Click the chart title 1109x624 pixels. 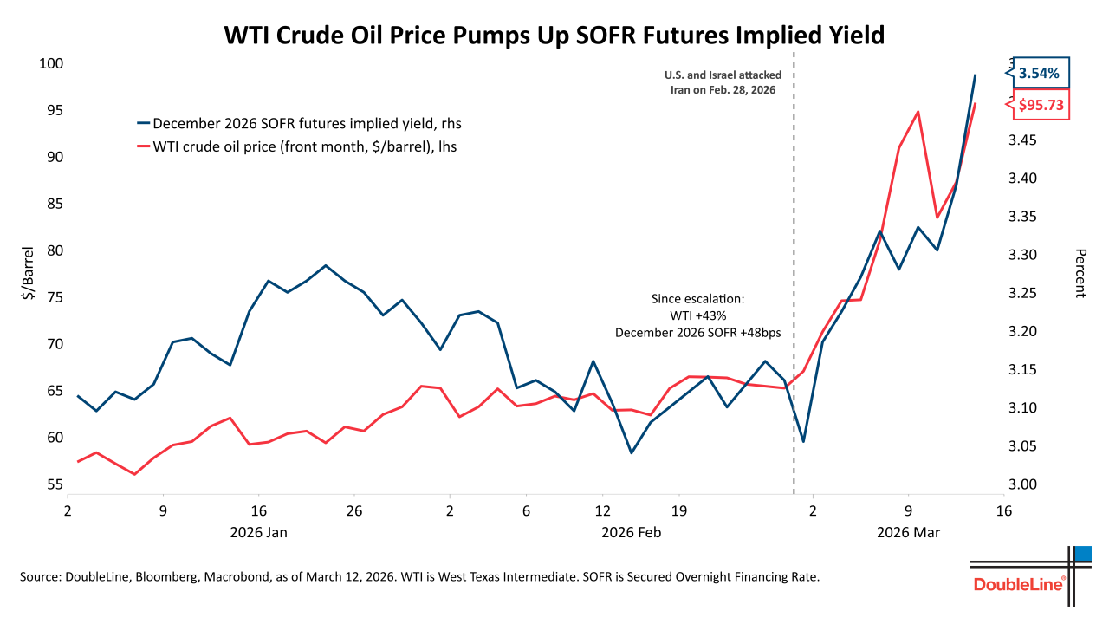554,35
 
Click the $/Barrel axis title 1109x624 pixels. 29,276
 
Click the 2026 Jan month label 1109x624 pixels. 258,532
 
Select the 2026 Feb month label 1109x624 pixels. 631,532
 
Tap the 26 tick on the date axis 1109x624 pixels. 353,510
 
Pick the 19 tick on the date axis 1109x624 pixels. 678,510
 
